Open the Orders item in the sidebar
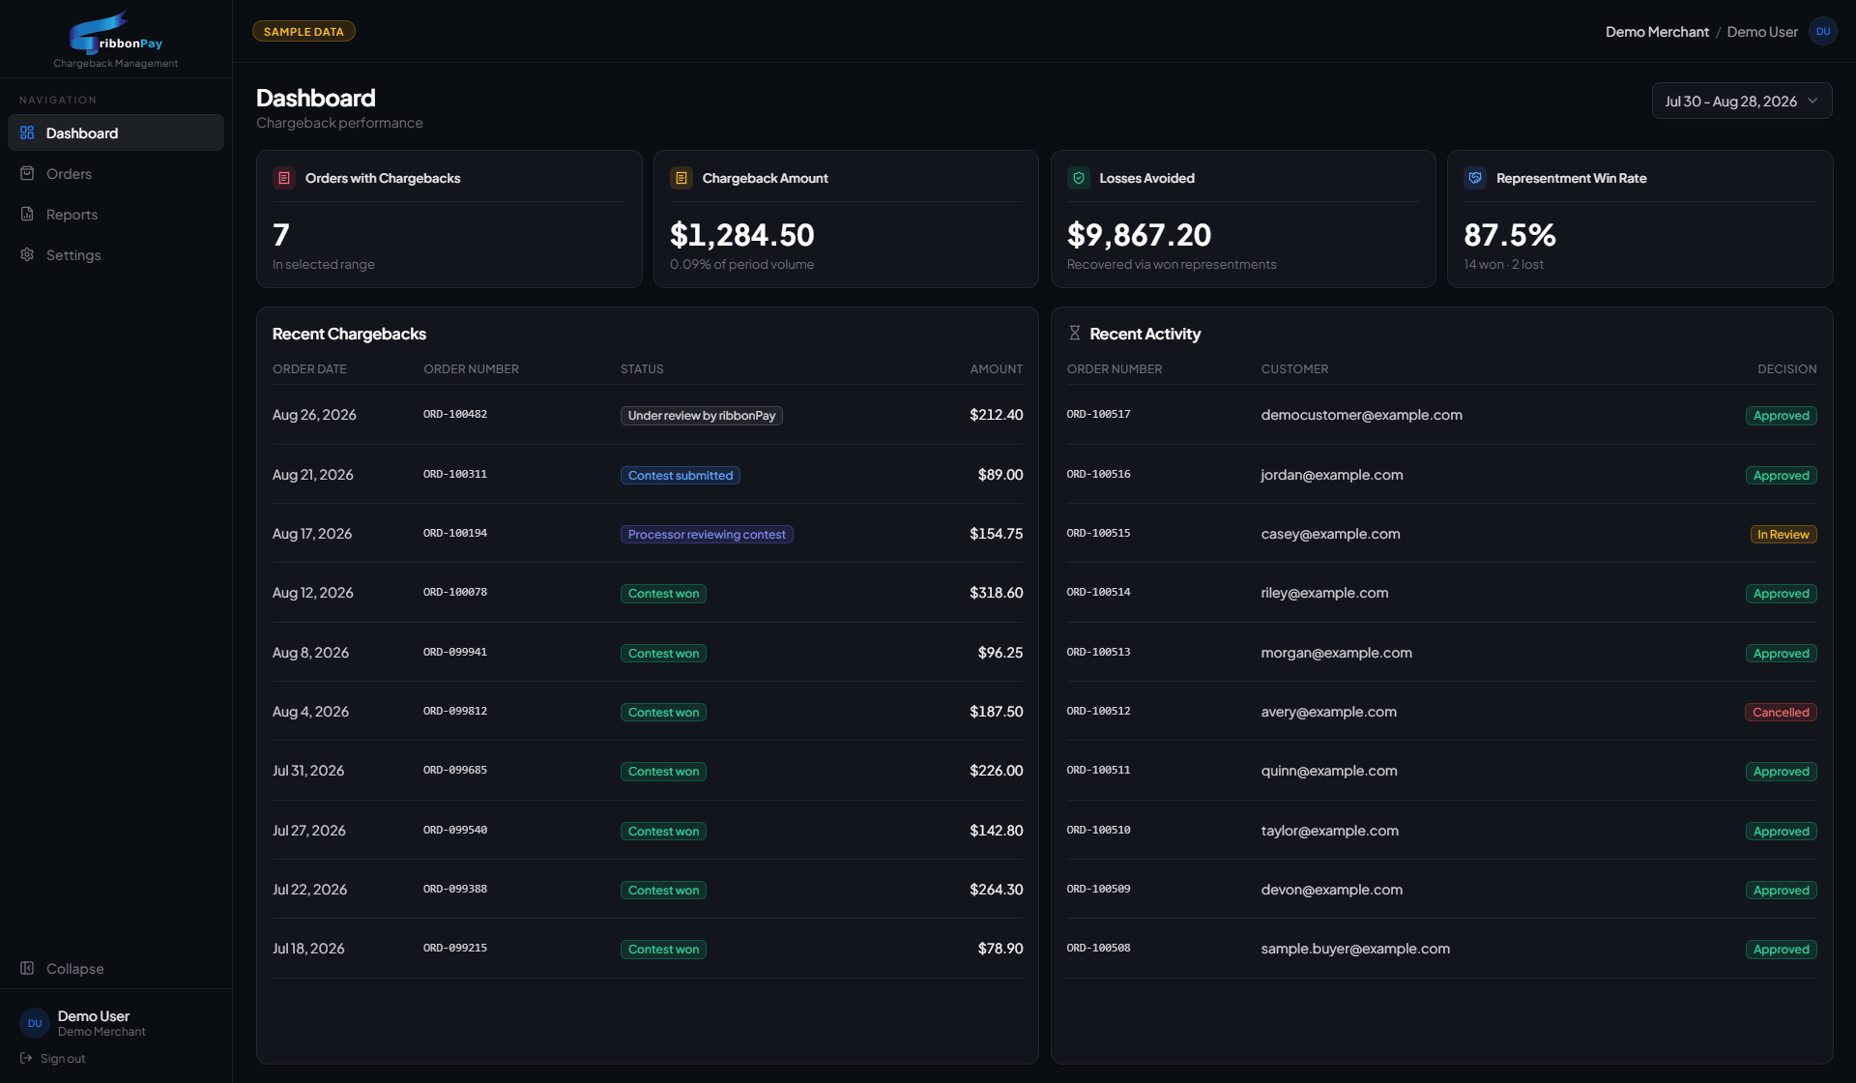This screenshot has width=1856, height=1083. click(69, 174)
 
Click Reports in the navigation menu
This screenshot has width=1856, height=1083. click(72, 215)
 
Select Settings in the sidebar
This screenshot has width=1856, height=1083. click(73, 255)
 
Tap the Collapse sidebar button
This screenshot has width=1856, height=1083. click(74, 969)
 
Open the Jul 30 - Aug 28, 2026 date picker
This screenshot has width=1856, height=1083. click(1741, 102)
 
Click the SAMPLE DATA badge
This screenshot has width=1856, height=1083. click(304, 32)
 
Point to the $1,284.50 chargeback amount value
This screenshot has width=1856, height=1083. click(742, 235)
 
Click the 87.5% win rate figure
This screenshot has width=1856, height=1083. click(1510, 235)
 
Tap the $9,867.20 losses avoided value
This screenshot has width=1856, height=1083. click(1139, 235)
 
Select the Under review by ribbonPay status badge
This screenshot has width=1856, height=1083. click(702, 416)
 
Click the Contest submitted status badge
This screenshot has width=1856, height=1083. click(681, 476)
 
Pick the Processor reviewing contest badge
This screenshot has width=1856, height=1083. click(707, 535)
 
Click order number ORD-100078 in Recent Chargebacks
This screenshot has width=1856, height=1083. click(455, 593)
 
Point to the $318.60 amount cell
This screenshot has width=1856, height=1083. click(997, 593)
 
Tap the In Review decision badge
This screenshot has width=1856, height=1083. click(1783, 535)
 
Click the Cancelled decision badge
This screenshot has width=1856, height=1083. click(1781, 713)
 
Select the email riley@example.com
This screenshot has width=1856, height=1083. click(1324, 593)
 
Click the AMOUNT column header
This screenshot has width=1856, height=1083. click(997, 369)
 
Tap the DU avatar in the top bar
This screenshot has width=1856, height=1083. click(1823, 32)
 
